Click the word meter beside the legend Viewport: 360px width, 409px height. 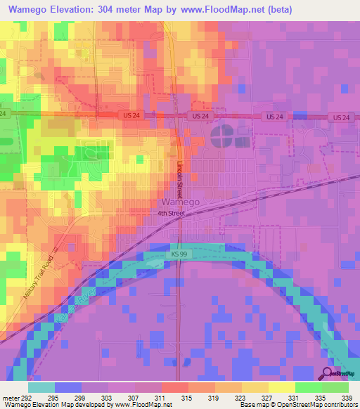pyautogui.click(x=12, y=397)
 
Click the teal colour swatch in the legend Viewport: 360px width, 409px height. pyautogui.click(x=41, y=387)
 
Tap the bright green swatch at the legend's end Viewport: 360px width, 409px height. pyautogui.click(x=335, y=387)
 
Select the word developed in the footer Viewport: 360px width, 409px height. pyautogui.click(x=91, y=405)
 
